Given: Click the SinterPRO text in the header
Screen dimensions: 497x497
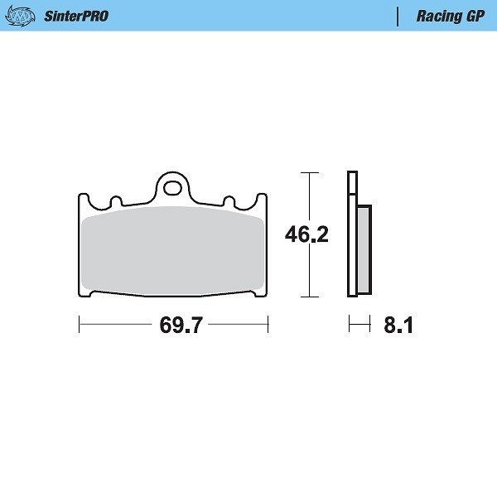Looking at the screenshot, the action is pyautogui.click(x=76, y=17).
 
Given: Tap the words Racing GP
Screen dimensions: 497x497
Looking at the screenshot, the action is pyautogui.click(x=451, y=17).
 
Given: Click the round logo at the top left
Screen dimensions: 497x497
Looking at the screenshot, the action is pyautogui.click(x=20, y=16).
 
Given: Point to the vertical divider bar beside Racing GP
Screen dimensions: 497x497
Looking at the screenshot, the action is pyautogui.click(x=398, y=17).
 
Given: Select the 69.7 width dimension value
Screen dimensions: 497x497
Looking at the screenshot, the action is pyautogui.click(x=181, y=325).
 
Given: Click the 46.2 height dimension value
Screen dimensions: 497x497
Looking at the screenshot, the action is pyautogui.click(x=306, y=234).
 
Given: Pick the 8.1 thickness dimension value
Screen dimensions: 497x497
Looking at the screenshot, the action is pyautogui.click(x=398, y=325).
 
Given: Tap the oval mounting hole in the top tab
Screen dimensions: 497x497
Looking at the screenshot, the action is pyautogui.click(x=172, y=188).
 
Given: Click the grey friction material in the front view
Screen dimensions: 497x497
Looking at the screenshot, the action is pyautogui.click(x=173, y=251).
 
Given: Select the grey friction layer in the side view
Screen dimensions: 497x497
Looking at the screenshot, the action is pyautogui.click(x=364, y=250).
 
